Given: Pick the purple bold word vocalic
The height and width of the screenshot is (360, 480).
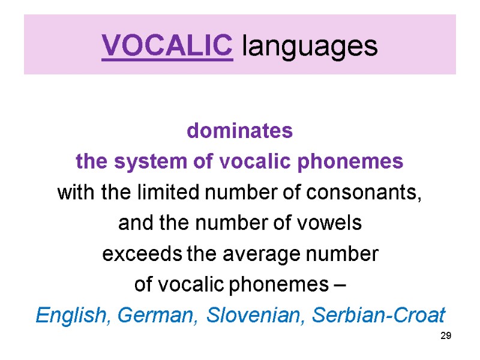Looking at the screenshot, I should [x=256, y=162].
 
